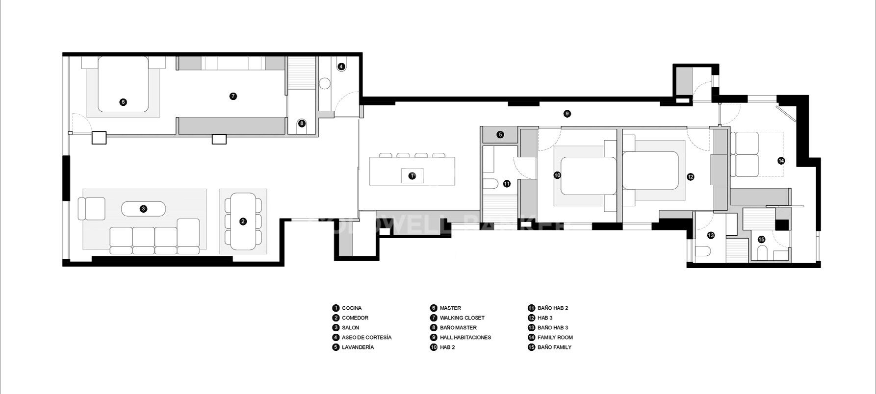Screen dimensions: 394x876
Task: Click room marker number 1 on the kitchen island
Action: pos(412,175)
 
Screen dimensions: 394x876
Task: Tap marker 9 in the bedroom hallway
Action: pos(567,114)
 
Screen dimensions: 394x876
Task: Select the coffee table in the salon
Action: pos(143,209)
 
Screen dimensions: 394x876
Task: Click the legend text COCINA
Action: pos(352,308)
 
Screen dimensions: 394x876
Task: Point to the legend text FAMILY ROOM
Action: pos(555,338)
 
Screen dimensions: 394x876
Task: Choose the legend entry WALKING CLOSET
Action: pos(462,318)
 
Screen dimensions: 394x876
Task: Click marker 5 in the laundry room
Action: pos(500,134)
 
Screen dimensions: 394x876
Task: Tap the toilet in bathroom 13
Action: pos(703,252)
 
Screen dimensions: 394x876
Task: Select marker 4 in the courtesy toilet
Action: pos(341,66)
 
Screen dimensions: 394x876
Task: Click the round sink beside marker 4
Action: pos(325,84)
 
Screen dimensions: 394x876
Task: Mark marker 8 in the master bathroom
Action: pos(302,123)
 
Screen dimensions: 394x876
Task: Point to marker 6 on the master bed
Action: pos(123,102)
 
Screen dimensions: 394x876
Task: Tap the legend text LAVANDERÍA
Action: pos(358,347)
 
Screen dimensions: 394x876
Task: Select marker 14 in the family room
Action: pos(781,161)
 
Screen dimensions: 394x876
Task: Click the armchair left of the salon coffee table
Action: pos(92,209)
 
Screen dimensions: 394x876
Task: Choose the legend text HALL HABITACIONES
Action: pos(465,338)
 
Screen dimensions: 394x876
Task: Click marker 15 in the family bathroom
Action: pos(761,240)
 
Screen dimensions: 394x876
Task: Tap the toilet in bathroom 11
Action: pos(491,184)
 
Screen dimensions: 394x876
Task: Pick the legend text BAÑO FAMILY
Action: pos(554,347)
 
